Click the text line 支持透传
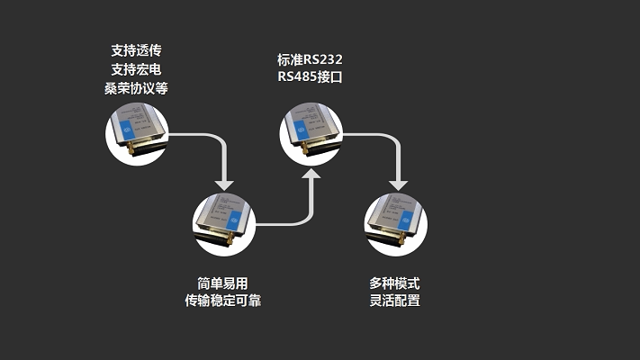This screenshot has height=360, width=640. tap(136, 50)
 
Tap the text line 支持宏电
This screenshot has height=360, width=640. tap(136, 69)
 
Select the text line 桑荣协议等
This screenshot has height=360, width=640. tap(136, 88)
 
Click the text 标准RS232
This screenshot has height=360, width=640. tap(310, 59)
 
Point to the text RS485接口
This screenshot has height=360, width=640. tap(310, 78)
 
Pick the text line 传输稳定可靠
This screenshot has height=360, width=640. tap(222, 301)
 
